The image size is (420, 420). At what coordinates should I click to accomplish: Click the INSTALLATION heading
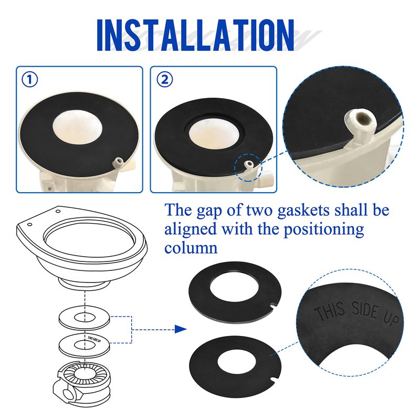point(195,35)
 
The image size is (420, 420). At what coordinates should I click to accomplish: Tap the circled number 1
point(29,80)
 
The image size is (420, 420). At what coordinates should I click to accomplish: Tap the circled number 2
point(164,80)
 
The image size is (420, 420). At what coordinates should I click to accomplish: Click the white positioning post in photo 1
point(118,162)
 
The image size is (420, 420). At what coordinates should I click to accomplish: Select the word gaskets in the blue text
point(303,211)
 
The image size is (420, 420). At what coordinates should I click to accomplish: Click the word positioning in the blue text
point(324,229)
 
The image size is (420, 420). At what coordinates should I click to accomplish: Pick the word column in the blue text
point(191,247)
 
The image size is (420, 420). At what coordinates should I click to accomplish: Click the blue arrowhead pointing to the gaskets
point(181,329)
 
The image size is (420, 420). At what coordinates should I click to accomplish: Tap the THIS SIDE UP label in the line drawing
point(94,339)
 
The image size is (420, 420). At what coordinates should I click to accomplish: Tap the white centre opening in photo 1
point(77,125)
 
